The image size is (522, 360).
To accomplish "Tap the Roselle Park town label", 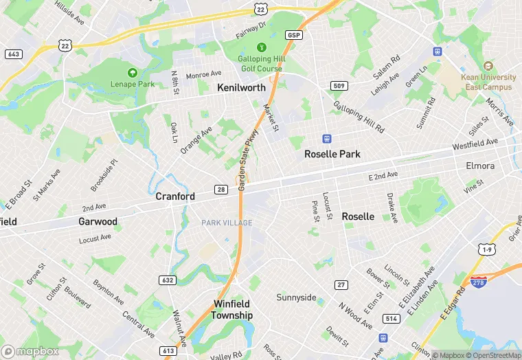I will click(x=332, y=154).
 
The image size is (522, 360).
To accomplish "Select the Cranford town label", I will click(x=175, y=196).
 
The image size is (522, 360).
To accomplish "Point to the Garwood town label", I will click(x=98, y=222).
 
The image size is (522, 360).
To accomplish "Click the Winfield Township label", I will click(x=231, y=309).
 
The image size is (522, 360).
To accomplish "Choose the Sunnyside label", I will click(x=296, y=297).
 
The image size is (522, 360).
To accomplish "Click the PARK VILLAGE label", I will click(x=227, y=223).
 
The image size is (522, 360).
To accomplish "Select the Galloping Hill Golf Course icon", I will click(x=261, y=47).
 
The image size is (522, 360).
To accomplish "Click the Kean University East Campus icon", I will click(x=489, y=67).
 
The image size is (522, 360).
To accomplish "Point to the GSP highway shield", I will click(x=295, y=35).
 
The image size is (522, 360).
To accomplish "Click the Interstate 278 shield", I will click(x=479, y=282).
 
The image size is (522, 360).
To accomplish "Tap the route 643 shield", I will click(x=13, y=54).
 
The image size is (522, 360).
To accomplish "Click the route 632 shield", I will click(x=167, y=280).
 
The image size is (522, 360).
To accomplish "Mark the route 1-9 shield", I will click(x=487, y=249).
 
